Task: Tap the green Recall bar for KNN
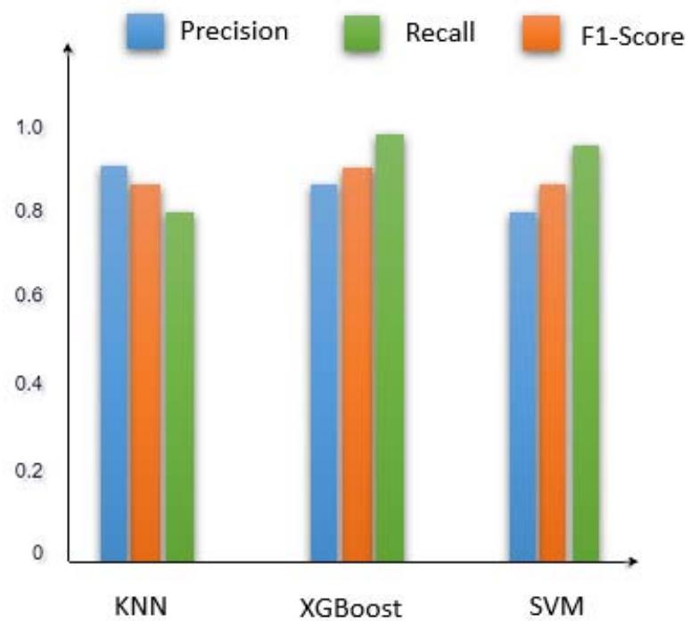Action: click(x=178, y=387)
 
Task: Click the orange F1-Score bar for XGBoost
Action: click(x=357, y=364)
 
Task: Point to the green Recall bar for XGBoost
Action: click(x=390, y=347)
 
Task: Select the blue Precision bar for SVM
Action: click(x=522, y=387)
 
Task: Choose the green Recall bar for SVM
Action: click(x=585, y=353)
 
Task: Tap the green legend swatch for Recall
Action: click(x=362, y=37)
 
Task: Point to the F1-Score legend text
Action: click(x=637, y=37)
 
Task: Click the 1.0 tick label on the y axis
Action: click(x=30, y=127)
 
